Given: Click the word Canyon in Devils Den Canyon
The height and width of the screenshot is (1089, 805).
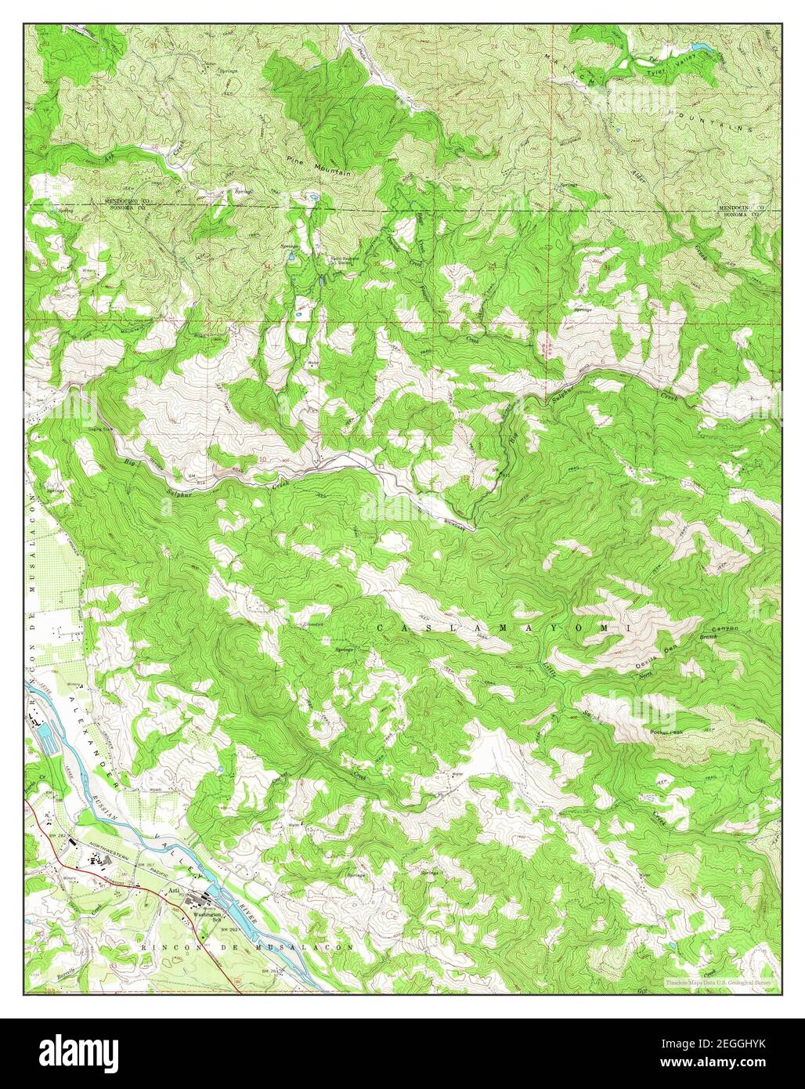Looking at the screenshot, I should (x=724, y=629).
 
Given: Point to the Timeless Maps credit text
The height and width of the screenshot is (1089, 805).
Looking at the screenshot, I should (x=720, y=981).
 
